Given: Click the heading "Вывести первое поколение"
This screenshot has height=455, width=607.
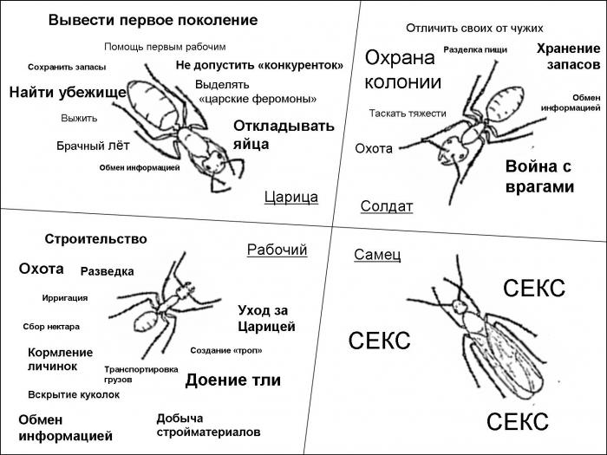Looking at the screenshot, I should pos(153,19).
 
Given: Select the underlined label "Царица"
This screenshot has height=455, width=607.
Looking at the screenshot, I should pos(290,198).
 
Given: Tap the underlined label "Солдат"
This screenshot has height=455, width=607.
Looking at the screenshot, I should pos(386,206).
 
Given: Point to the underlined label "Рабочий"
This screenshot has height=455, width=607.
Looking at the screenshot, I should pos(277,250).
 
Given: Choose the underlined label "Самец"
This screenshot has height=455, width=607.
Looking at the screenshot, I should pos(377,254).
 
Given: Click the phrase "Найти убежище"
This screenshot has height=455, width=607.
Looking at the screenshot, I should pos(68,92).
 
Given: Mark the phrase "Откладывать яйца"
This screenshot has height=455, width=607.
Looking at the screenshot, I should pos(283,134).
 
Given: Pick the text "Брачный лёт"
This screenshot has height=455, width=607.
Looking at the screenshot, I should pos(93,146).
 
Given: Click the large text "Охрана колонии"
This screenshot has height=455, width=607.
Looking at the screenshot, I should pos(402,70).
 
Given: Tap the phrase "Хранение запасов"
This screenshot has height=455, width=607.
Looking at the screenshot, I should pos(568,56).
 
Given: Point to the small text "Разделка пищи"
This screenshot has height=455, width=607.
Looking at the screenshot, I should pos(475,50).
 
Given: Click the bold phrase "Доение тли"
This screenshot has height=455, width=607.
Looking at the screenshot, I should pos(232,380).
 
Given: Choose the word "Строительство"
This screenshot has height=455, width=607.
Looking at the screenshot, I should pos(95,239).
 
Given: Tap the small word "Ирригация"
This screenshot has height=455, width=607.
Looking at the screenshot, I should pos(65,298).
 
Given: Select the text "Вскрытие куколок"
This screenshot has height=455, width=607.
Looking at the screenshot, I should pos(74,394).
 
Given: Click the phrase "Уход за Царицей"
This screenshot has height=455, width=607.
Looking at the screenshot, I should pos(266,318).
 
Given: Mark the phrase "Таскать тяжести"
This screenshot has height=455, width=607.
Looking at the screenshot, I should pos(408,113).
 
